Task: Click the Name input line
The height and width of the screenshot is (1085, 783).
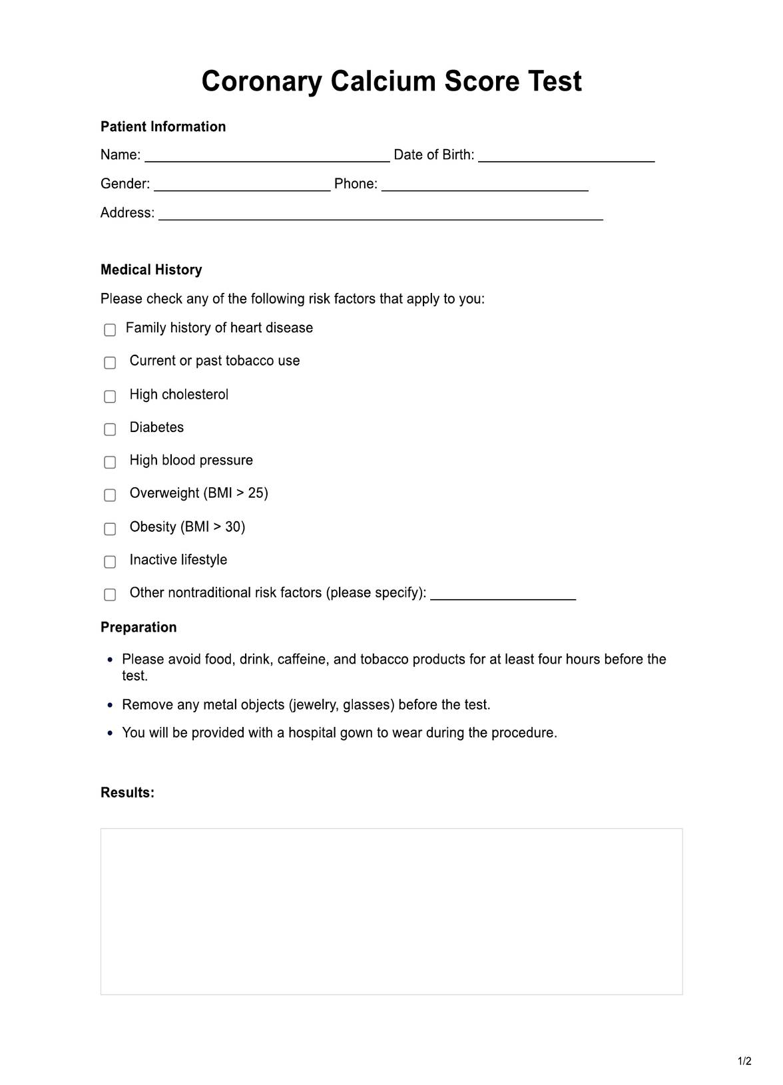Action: [267, 156]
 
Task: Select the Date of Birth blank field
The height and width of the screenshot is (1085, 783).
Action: [566, 156]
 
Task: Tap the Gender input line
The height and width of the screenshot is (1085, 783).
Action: [242, 184]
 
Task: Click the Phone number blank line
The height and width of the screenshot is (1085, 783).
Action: [485, 184]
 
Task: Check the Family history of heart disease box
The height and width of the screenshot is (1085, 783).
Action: [110, 329]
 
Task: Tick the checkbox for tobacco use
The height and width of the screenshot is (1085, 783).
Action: [110, 363]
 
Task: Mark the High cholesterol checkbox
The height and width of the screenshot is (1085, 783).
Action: [110, 396]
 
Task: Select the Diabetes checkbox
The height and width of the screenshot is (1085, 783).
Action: [110, 429]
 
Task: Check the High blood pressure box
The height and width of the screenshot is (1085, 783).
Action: [110, 462]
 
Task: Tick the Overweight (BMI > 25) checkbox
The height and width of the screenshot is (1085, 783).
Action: [110, 495]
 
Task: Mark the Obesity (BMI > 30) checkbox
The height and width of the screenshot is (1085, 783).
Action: [110, 529]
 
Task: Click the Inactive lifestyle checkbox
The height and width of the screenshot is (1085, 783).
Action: [110, 562]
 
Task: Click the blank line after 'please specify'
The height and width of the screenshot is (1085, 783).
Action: [503, 594]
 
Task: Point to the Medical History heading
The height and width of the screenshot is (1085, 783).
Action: [151, 270]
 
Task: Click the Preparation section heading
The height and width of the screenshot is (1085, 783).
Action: [138, 627]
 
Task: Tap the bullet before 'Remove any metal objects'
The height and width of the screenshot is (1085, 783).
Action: [111, 705]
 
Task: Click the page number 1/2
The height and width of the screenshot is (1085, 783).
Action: [744, 1061]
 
